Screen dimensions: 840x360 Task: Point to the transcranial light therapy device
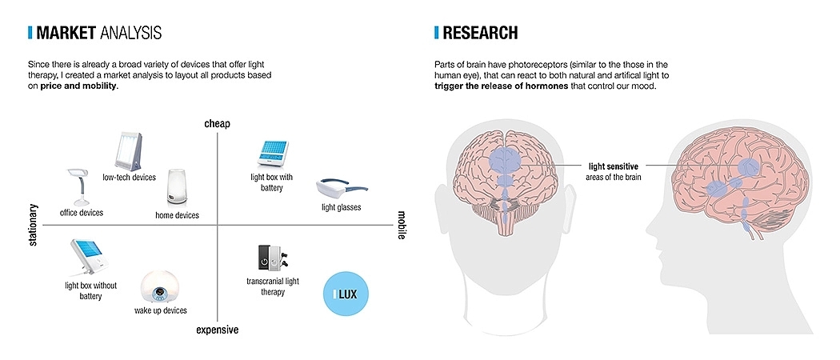tap(270, 258)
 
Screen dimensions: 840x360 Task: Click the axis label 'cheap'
tap(217, 123)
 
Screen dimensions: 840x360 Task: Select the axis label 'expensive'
tap(218, 330)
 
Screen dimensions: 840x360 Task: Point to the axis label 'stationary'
tap(33, 225)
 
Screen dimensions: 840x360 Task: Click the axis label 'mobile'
tap(402, 225)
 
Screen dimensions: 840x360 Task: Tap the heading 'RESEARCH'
tap(480, 33)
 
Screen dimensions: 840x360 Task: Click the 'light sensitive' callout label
tap(613, 166)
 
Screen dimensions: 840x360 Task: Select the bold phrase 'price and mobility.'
tap(79, 86)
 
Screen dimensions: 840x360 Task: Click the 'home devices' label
tap(177, 215)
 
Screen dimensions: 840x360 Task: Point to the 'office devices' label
tap(81, 212)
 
